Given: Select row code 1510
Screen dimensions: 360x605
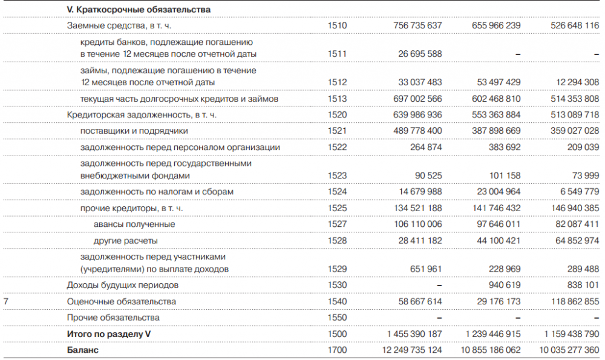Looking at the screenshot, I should (337, 26).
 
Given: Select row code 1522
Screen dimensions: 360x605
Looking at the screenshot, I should (337, 147).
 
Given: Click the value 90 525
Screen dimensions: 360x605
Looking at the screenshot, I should (427, 175).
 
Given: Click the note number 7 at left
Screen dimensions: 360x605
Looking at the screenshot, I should (6, 301).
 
